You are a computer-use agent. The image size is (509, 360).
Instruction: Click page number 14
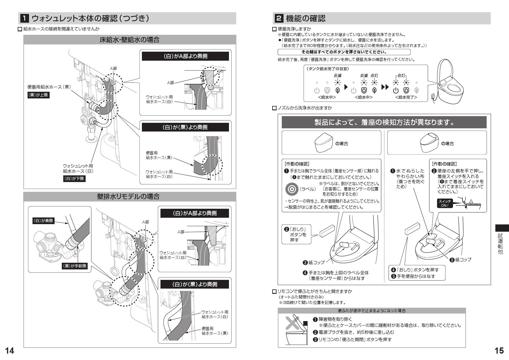point(9,351)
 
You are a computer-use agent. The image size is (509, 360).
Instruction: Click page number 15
point(499,351)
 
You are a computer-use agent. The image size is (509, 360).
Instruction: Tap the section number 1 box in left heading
point(24,19)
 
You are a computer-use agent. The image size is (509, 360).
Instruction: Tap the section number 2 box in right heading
point(278,19)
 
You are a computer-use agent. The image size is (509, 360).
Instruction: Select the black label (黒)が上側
point(38,95)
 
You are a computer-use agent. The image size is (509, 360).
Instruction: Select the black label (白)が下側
point(74,179)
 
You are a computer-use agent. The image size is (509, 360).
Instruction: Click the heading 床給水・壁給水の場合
point(129,40)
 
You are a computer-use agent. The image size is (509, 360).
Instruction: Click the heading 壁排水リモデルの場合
point(129,197)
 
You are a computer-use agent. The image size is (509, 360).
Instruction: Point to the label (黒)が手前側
point(75,266)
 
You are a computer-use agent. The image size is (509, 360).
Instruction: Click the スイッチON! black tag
point(445,203)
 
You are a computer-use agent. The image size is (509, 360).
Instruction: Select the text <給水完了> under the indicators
point(406,97)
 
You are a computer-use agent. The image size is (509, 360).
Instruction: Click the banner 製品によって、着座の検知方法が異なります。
point(384,122)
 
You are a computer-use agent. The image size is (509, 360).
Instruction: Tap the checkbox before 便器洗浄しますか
point(275,29)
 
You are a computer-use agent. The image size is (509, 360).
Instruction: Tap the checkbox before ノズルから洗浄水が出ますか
point(275,108)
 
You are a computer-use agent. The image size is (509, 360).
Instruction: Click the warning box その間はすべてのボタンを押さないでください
point(344,52)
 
